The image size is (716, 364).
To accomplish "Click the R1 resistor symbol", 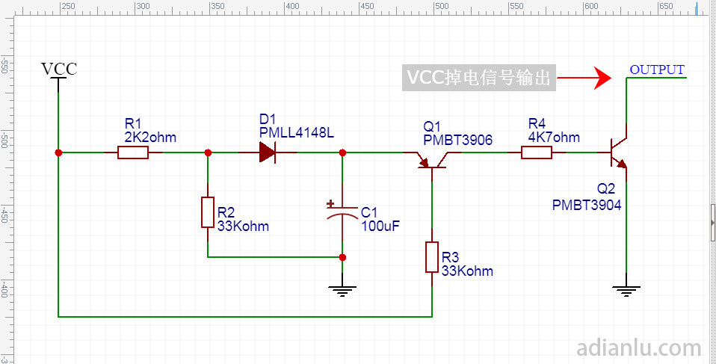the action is [x=133, y=152].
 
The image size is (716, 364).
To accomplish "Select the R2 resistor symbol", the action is [x=208, y=212].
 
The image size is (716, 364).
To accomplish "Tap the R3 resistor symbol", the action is [x=432, y=257].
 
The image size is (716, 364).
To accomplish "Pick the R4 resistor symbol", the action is [x=536, y=152].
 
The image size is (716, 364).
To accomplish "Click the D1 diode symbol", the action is [x=267, y=152].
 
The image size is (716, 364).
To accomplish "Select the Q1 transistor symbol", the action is [x=432, y=160].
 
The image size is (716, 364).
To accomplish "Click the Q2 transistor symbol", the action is [x=619, y=153].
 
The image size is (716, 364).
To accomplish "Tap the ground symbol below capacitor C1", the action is [x=342, y=291].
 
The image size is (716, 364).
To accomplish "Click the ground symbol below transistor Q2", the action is [x=626, y=291].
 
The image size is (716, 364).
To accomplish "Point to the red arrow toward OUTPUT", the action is [x=584, y=78].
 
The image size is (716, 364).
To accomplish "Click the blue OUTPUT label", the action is [x=657, y=70].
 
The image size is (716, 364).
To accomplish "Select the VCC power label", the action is [x=59, y=69].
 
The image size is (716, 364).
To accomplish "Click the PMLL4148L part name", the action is [x=297, y=133].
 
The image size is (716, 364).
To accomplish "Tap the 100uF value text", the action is [x=380, y=226].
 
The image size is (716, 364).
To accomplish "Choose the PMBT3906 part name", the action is [x=458, y=141].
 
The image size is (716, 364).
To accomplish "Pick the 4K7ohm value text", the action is [x=554, y=137].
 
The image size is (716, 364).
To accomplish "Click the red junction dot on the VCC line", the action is [x=58, y=152].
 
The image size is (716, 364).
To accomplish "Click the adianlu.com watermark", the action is [x=639, y=348].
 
